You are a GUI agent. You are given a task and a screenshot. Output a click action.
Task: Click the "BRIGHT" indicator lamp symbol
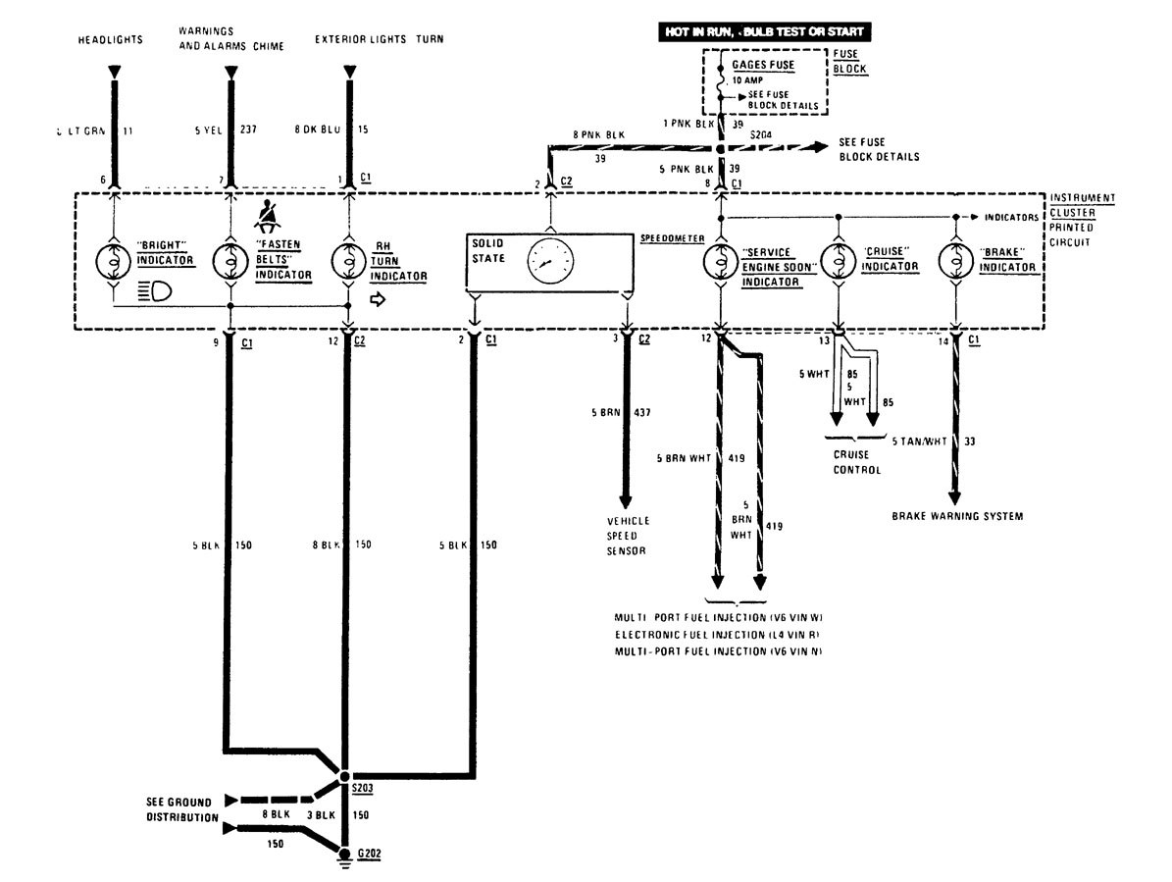115,262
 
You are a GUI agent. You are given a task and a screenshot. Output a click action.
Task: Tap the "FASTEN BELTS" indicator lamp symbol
231,262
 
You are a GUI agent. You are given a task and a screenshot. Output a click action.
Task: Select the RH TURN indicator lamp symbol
348,262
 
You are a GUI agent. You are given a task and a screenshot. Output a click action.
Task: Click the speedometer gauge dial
550,262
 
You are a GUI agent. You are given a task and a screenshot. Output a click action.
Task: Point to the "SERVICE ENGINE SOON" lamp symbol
721,262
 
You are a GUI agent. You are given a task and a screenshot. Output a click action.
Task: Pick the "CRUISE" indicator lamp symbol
839,262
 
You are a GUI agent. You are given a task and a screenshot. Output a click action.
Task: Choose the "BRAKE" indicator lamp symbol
955,262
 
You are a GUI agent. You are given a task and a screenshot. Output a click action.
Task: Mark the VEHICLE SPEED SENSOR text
628,537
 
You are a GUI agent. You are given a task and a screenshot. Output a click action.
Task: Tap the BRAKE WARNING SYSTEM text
957,516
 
